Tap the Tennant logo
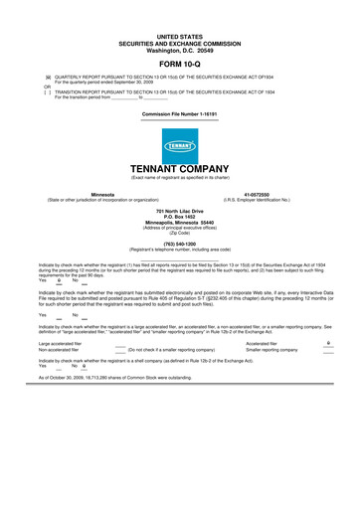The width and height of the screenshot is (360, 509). click(x=180, y=147)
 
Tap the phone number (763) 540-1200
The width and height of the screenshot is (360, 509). click(x=180, y=243)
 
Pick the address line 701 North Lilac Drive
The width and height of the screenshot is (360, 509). click(x=180, y=211)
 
